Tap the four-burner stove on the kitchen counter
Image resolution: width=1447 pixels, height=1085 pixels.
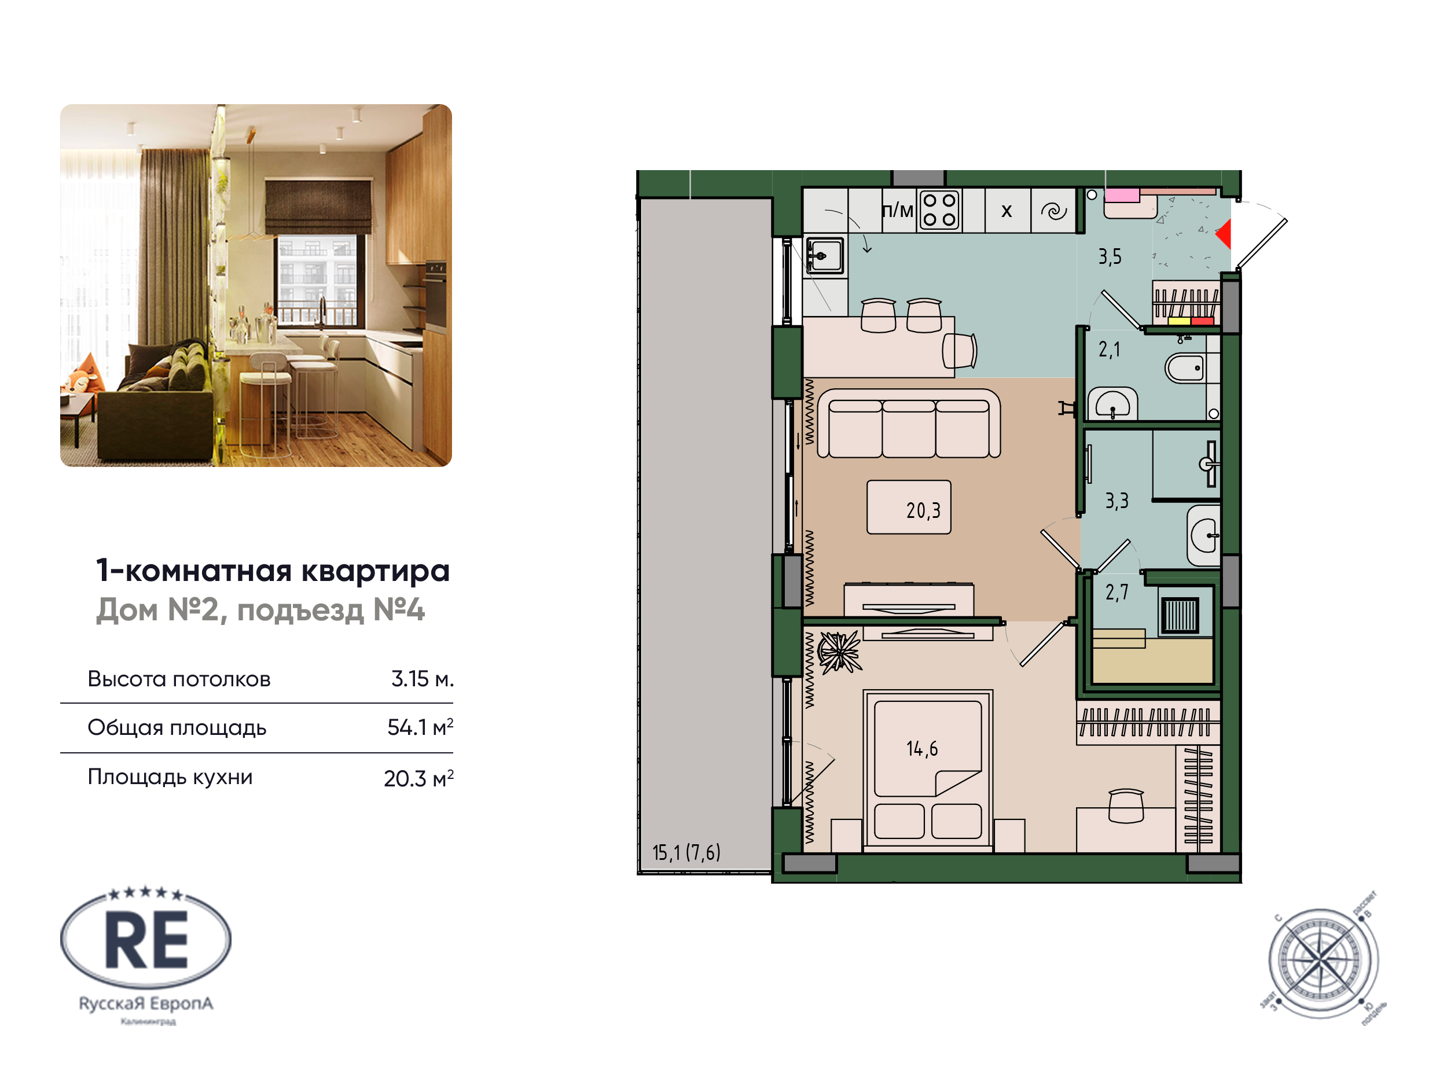point(939,210)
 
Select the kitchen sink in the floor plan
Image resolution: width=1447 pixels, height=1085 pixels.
point(824,255)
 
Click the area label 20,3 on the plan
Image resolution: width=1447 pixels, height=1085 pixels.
point(923,510)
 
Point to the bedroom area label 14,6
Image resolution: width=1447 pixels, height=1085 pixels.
point(921,748)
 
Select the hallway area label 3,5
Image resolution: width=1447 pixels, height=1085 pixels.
point(1110,256)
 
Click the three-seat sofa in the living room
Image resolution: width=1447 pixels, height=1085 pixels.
point(909,424)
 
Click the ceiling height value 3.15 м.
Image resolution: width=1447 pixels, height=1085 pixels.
point(422,679)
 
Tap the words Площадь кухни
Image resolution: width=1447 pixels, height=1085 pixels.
point(170,777)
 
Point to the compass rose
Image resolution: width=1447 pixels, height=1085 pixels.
point(1323,961)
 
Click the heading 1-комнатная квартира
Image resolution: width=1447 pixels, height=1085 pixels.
point(273,571)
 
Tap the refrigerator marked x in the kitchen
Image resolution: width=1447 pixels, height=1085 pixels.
point(1007,211)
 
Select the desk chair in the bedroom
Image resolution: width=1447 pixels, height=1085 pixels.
point(1126,806)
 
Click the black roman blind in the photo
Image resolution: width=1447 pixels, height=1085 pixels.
point(318,207)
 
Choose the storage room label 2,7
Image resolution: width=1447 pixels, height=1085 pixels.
point(1117,592)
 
